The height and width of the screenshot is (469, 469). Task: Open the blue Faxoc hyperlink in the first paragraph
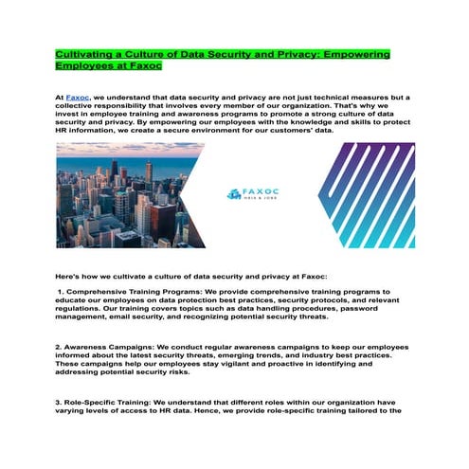[x=78, y=98]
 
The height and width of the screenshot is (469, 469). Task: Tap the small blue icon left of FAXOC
[x=235, y=194]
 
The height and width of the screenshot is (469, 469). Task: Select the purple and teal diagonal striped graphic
[x=365, y=194]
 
